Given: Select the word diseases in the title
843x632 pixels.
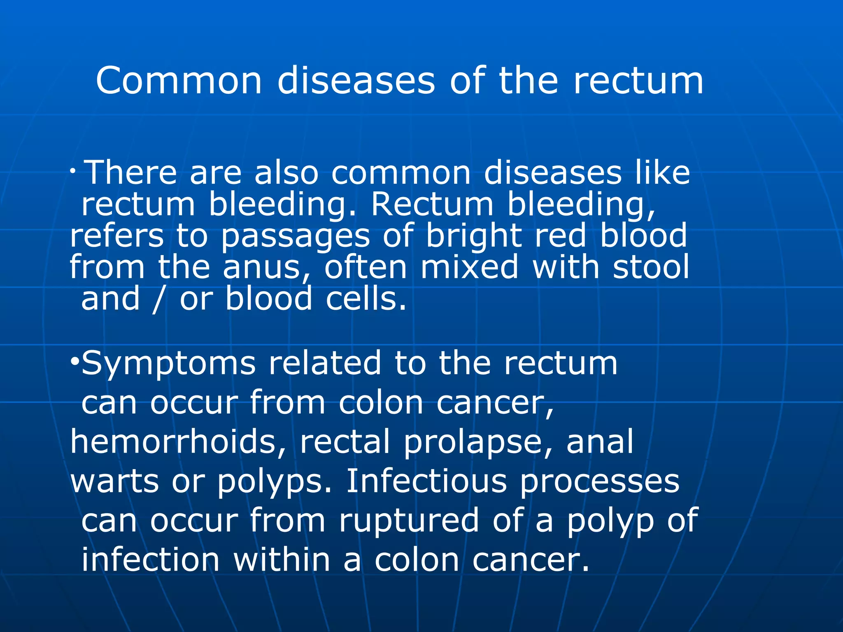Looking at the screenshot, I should click(x=356, y=81).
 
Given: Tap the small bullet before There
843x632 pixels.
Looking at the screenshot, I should click(x=72, y=170).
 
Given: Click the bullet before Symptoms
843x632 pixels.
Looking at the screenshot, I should click(x=75, y=361).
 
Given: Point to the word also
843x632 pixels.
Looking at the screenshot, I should click(x=286, y=173).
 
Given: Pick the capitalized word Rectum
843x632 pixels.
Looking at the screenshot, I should click(x=432, y=204).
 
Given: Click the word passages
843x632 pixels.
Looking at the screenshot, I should click(x=295, y=236).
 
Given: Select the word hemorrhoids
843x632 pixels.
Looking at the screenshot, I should click(x=178, y=441).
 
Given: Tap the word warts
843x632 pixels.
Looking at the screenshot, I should click(x=115, y=481).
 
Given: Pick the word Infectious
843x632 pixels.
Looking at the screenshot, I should click(x=426, y=481).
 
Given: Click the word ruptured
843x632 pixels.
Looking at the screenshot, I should click(x=409, y=520).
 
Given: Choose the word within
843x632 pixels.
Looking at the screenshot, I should click(x=282, y=560).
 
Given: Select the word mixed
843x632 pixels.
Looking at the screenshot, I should click(x=469, y=267).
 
